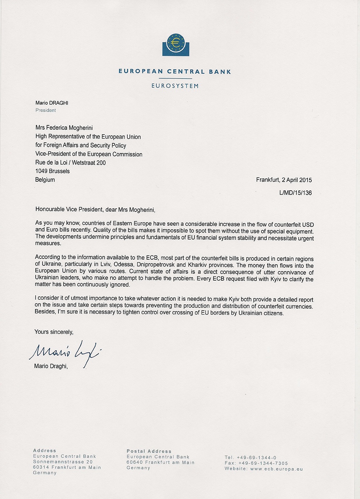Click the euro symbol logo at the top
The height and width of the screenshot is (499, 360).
click(x=176, y=44)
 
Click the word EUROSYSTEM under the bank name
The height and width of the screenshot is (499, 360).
click(x=175, y=86)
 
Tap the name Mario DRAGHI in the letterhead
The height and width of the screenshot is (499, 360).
click(x=52, y=103)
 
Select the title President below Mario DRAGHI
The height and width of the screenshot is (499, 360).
click(x=45, y=110)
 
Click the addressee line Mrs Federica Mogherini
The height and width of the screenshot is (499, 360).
click(x=64, y=128)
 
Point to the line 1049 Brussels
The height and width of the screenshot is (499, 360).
click(x=52, y=171)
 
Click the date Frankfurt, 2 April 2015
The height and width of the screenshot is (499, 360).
click(x=284, y=180)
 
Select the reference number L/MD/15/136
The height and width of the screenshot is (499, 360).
click(x=295, y=193)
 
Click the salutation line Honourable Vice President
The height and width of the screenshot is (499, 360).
click(x=95, y=209)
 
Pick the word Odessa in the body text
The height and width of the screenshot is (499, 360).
click(x=123, y=265)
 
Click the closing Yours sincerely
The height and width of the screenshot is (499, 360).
click(x=54, y=332)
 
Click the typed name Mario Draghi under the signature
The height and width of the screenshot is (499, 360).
click(x=51, y=366)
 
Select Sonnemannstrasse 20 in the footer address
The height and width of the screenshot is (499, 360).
click(x=63, y=462)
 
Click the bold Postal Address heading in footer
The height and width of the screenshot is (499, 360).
click(x=149, y=451)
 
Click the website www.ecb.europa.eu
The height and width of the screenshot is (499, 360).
click(x=276, y=469)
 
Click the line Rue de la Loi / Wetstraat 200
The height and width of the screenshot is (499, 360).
click(x=70, y=163)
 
